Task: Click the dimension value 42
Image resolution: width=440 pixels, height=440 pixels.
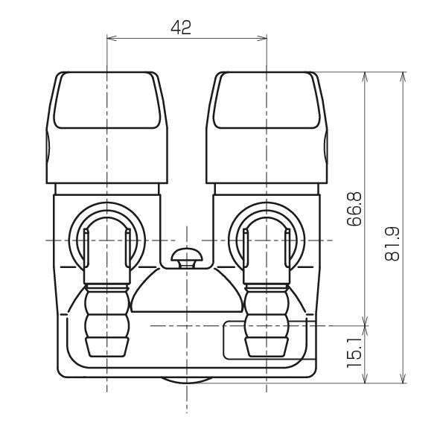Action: [x=181, y=28]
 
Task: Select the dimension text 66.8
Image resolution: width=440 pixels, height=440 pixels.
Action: [x=354, y=209]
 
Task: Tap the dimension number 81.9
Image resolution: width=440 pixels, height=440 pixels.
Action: [x=392, y=244]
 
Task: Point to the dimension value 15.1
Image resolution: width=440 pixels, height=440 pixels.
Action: [x=354, y=352]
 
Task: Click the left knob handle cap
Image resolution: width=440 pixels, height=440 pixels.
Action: [x=107, y=127]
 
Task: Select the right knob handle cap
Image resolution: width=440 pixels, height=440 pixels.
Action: [x=267, y=127]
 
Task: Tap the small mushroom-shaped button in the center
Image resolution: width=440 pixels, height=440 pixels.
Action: [x=187, y=258]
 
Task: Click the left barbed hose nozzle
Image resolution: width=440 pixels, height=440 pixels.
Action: [x=107, y=320]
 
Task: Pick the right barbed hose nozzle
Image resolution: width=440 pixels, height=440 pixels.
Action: [x=267, y=320]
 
